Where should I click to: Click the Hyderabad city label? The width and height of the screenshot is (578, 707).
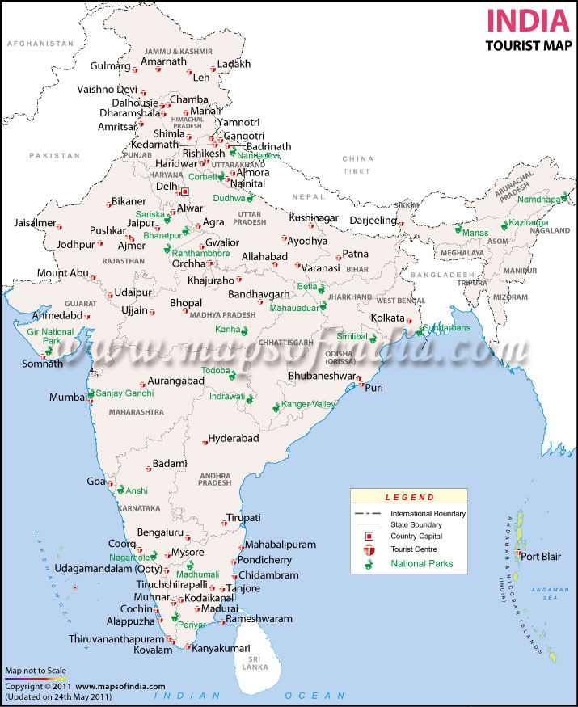tap(234, 438)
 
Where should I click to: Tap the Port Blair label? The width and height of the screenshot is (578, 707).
tap(540, 556)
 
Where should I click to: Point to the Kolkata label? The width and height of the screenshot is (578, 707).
tap(387, 318)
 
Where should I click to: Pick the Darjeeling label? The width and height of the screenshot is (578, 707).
tap(373, 220)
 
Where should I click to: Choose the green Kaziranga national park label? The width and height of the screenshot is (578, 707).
tap(529, 222)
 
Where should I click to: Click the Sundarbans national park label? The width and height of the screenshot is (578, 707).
tap(446, 328)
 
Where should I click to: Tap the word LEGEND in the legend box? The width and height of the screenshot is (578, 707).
tap(409, 498)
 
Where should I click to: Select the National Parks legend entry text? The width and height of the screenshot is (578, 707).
tap(422, 563)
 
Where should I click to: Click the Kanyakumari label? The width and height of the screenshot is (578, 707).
tap(221, 648)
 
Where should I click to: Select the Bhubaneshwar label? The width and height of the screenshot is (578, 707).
tap(321, 376)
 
